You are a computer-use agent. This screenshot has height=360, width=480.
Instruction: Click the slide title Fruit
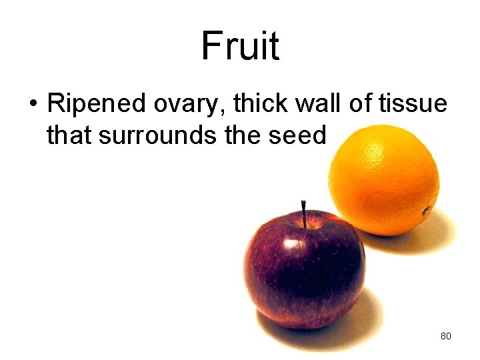pyautogui.click(x=240, y=46)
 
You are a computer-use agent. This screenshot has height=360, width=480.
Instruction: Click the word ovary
pyautogui.click(x=174, y=105)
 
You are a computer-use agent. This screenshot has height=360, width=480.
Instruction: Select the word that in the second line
pyautogui.click(x=69, y=135)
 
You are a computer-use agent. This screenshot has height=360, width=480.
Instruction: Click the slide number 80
pyautogui.click(x=446, y=336)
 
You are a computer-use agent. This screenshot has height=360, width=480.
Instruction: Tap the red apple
pyautogui.click(x=303, y=270)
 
